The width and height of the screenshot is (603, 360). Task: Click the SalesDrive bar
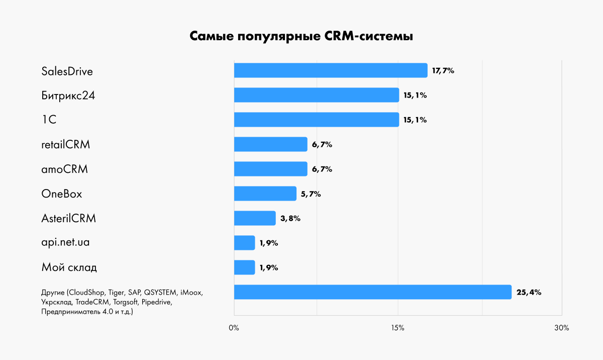331,70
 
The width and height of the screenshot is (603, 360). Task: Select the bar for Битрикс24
317,95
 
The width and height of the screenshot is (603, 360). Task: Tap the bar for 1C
317,120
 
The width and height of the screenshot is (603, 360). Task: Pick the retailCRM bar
270,144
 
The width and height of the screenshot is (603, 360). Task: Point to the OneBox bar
265,194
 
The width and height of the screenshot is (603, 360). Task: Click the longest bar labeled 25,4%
372,292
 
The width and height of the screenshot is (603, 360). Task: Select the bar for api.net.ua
245,243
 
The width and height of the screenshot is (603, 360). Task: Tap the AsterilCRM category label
68,219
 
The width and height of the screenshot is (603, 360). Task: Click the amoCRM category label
64,169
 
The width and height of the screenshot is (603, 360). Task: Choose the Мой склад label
69,267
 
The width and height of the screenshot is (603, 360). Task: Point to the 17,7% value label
443,71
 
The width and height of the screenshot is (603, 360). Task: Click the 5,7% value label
311,194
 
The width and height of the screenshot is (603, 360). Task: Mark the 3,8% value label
290,219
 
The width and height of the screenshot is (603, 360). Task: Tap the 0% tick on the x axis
234,328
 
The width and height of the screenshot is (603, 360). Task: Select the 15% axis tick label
397,328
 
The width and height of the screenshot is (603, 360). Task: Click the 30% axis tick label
562,328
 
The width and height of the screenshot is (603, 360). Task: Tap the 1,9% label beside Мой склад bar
269,268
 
